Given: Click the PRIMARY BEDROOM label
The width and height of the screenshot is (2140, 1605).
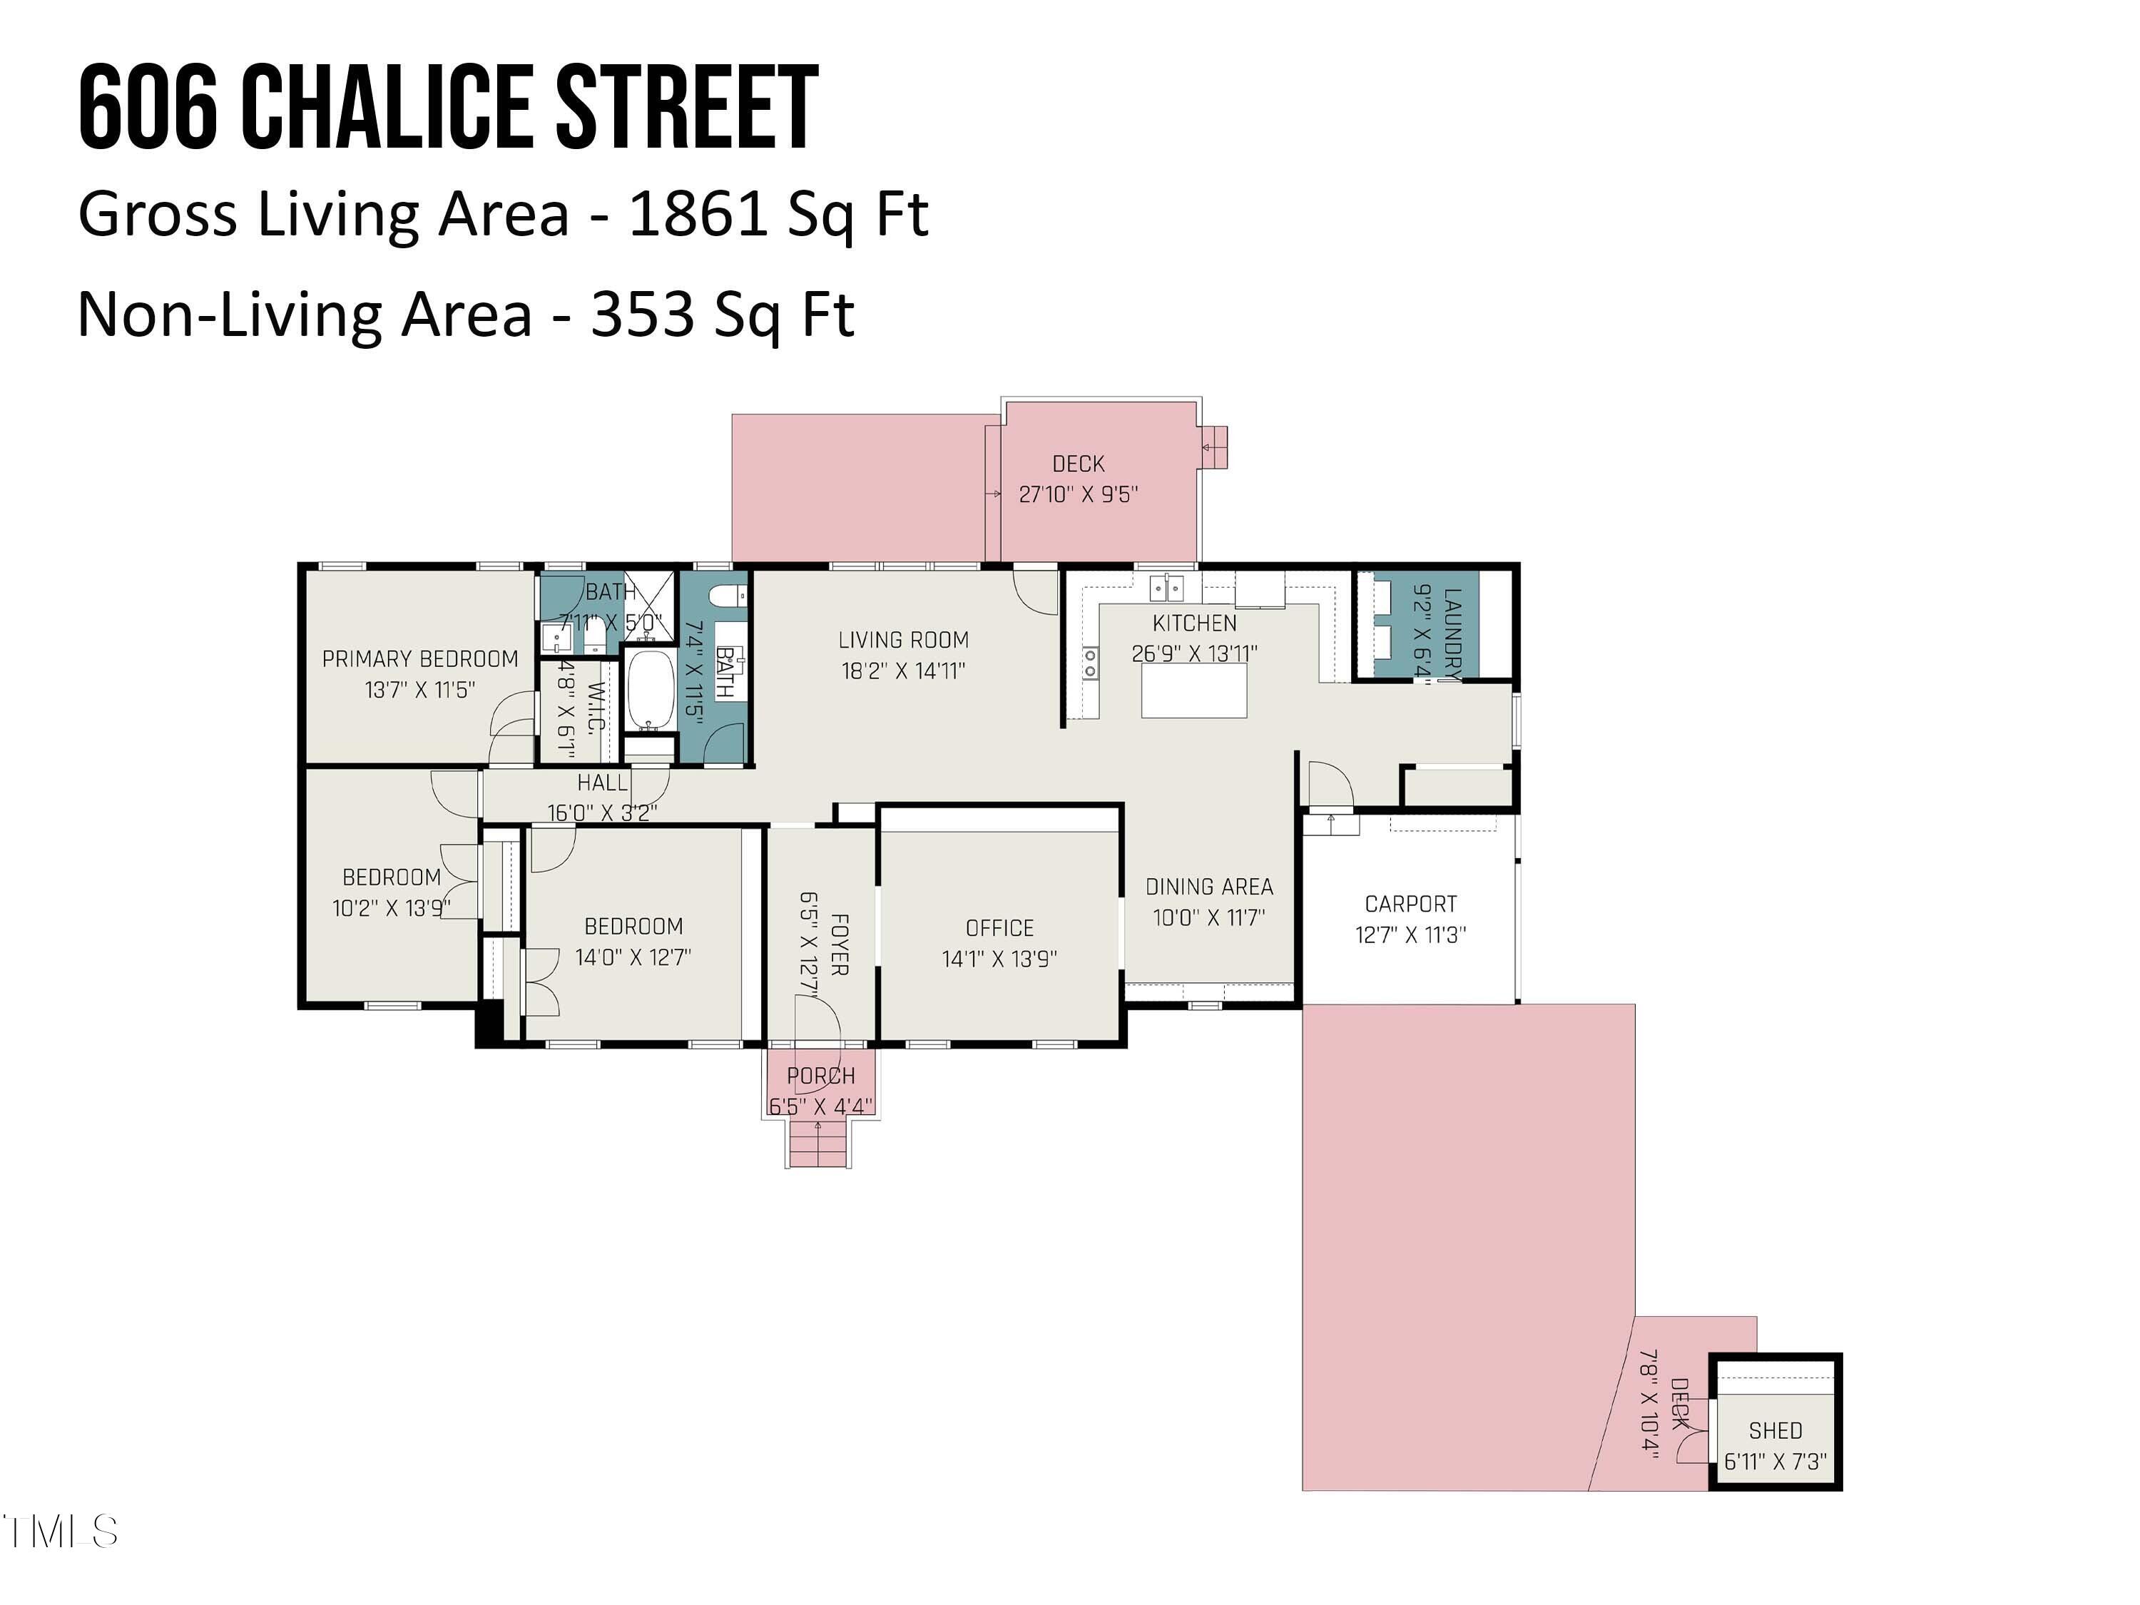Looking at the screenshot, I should click(x=420, y=659).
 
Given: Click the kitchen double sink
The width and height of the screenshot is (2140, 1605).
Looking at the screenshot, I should click(x=1167, y=586).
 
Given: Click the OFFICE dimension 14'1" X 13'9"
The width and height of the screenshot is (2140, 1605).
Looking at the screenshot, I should click(x=999, y=959).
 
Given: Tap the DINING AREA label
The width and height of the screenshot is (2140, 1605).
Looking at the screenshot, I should click(x=1209, y=886).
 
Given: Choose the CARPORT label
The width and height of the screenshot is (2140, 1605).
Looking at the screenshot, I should click(x=1410, y=904).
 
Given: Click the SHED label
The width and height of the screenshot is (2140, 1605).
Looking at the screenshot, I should click(x=1775, y=1430).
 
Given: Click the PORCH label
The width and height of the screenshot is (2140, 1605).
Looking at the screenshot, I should click(x=820, y=1076).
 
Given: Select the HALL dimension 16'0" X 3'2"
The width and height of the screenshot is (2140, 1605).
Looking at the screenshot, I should click(x=602, y=812).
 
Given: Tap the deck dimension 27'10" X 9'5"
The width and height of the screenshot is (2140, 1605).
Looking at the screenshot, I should click(x=1078, y=494).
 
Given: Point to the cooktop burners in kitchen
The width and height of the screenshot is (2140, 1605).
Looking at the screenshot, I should click(x=1090, y=663).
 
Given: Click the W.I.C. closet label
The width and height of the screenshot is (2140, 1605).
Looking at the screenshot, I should click(x=597, y=707).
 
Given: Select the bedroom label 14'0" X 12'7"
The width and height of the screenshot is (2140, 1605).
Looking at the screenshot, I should click(x=633, y=957).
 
